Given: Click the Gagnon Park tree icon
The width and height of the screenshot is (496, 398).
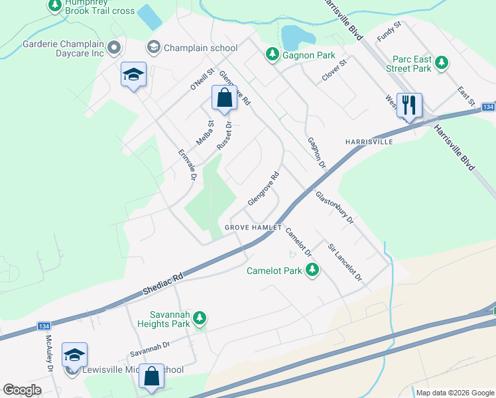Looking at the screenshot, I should pos(272,54).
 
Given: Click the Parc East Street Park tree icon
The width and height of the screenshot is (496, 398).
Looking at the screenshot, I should pos(440,64).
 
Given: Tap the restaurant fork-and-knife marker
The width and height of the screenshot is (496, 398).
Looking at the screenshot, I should pos(409,105).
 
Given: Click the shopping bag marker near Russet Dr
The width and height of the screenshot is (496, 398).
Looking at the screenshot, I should pos(224,98).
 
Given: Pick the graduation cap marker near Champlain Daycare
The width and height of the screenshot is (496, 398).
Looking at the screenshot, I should pos(133,75).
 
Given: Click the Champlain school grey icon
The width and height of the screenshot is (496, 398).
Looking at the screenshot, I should pos(154,47).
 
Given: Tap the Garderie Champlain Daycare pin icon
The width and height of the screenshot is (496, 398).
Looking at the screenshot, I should pos(114,47).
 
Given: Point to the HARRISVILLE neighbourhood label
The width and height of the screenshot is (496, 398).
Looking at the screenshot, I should pos(369,142).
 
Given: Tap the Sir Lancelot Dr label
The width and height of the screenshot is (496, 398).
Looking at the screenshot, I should pos(345,263).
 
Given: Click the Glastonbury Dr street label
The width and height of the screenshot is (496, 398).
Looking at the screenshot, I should pos(335,208).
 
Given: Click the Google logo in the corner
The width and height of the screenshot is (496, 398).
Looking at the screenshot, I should pos(22,390).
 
